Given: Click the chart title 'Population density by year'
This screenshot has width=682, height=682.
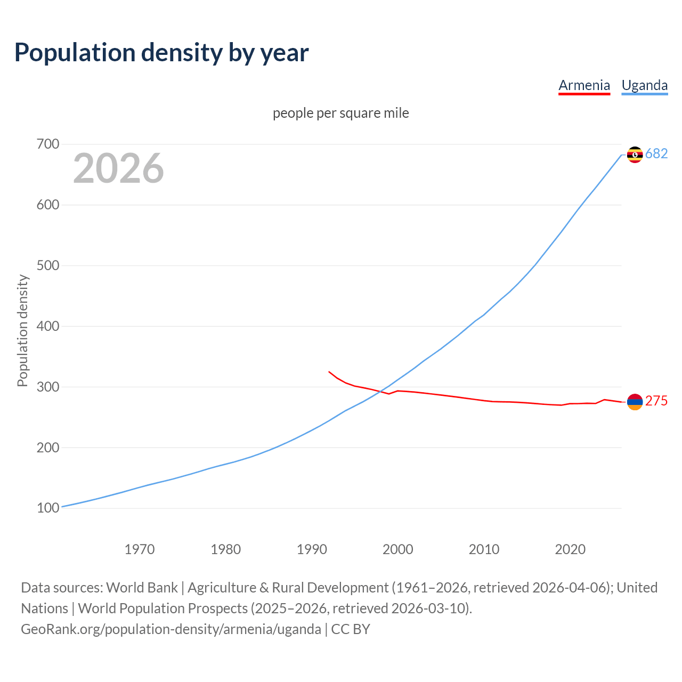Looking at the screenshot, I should tap(161, 53).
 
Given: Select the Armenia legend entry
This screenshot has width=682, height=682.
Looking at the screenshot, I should tap(584, 85).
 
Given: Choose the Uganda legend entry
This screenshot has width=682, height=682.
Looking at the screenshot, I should tap(644, 85).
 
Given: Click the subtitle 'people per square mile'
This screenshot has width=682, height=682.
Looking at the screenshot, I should tap(340, 113).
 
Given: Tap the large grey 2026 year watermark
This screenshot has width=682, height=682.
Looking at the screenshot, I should tap(118, 168).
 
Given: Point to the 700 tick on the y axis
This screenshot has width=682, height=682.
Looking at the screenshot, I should tap(48, 144).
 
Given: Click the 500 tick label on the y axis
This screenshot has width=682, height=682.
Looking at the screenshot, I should tap(48, 266).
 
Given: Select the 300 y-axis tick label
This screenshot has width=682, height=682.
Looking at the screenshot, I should tap(48, 387).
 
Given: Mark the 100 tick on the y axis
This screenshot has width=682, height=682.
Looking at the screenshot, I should tap(48, 508).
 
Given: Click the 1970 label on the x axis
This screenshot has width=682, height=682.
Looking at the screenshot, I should tap(140, 549).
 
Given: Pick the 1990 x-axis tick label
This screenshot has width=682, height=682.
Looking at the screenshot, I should tap(312, 549).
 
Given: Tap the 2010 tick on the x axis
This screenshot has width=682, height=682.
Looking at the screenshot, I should tap(484, 549).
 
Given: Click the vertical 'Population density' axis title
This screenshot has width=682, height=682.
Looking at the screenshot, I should tap(22, 330).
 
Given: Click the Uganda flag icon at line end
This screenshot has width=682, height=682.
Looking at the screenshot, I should tap(635, 155).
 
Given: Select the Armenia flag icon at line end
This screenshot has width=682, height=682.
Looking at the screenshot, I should tap(635, 402).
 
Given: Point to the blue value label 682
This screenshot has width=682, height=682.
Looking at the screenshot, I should tap(656, 154).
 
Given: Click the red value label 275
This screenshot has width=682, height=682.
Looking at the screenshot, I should tap(656, 401).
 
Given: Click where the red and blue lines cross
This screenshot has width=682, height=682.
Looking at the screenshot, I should tap(379, 392).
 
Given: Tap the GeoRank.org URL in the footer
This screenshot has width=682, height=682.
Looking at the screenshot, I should tap(171, 629).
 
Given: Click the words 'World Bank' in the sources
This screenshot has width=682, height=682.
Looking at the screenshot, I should tap(142, 588).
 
